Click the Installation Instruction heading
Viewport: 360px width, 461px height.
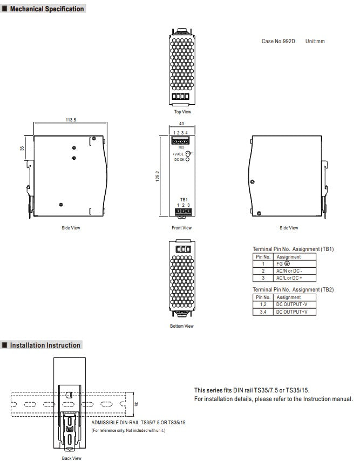click(45, 345)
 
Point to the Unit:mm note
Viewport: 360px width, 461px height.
click(315, 41)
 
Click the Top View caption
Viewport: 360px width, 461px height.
click(182, 112)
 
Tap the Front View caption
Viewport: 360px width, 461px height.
click(181, 228)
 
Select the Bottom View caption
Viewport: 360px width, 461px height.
click(181, 326)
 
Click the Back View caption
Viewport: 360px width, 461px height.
click(71, 458)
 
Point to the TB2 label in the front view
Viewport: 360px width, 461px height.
click(181, 147)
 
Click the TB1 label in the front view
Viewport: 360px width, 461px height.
click(184, 200)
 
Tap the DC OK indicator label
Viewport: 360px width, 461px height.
click(179, 160)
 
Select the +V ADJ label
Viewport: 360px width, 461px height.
click(178, 154)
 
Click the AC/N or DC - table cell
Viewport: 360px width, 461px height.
click(289, 270)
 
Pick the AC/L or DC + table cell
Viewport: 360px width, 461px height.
click(289, 277)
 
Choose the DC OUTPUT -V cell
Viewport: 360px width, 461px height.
click(292, 304)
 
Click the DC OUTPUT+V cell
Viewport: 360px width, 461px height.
click(292, 311)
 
